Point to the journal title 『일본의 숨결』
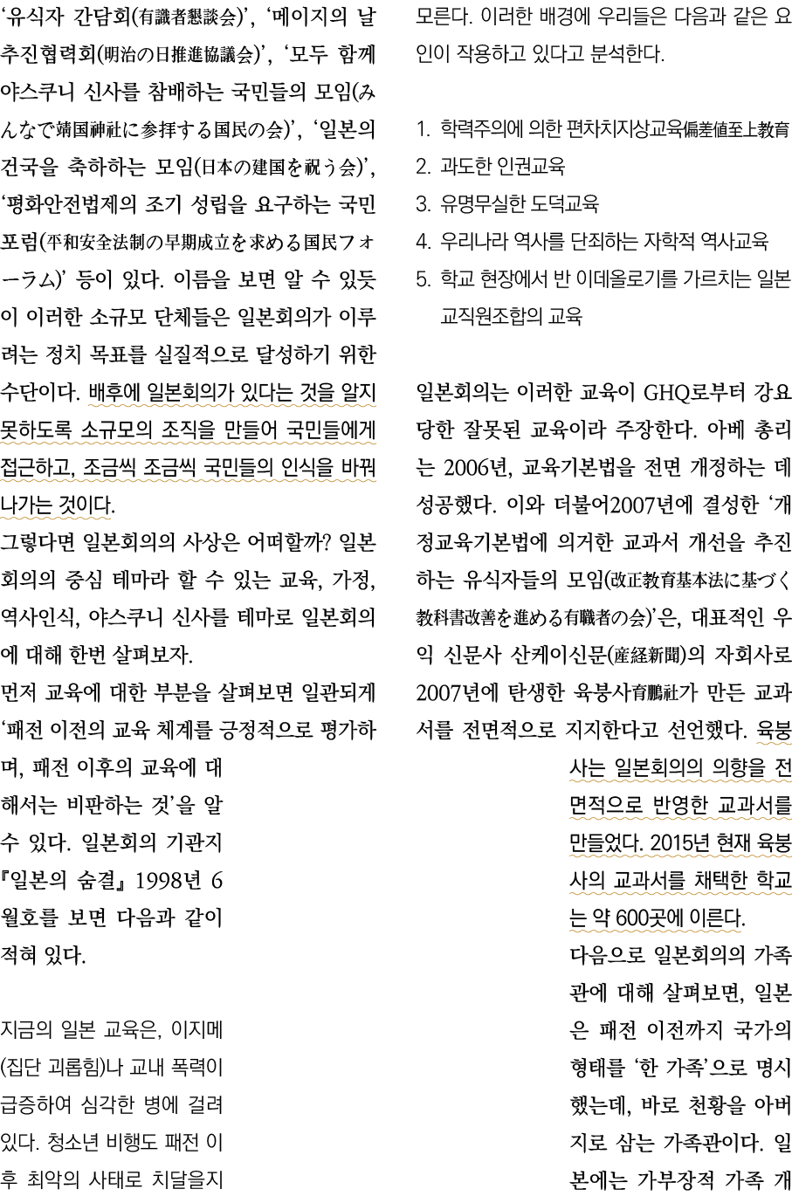pos(69,881)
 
